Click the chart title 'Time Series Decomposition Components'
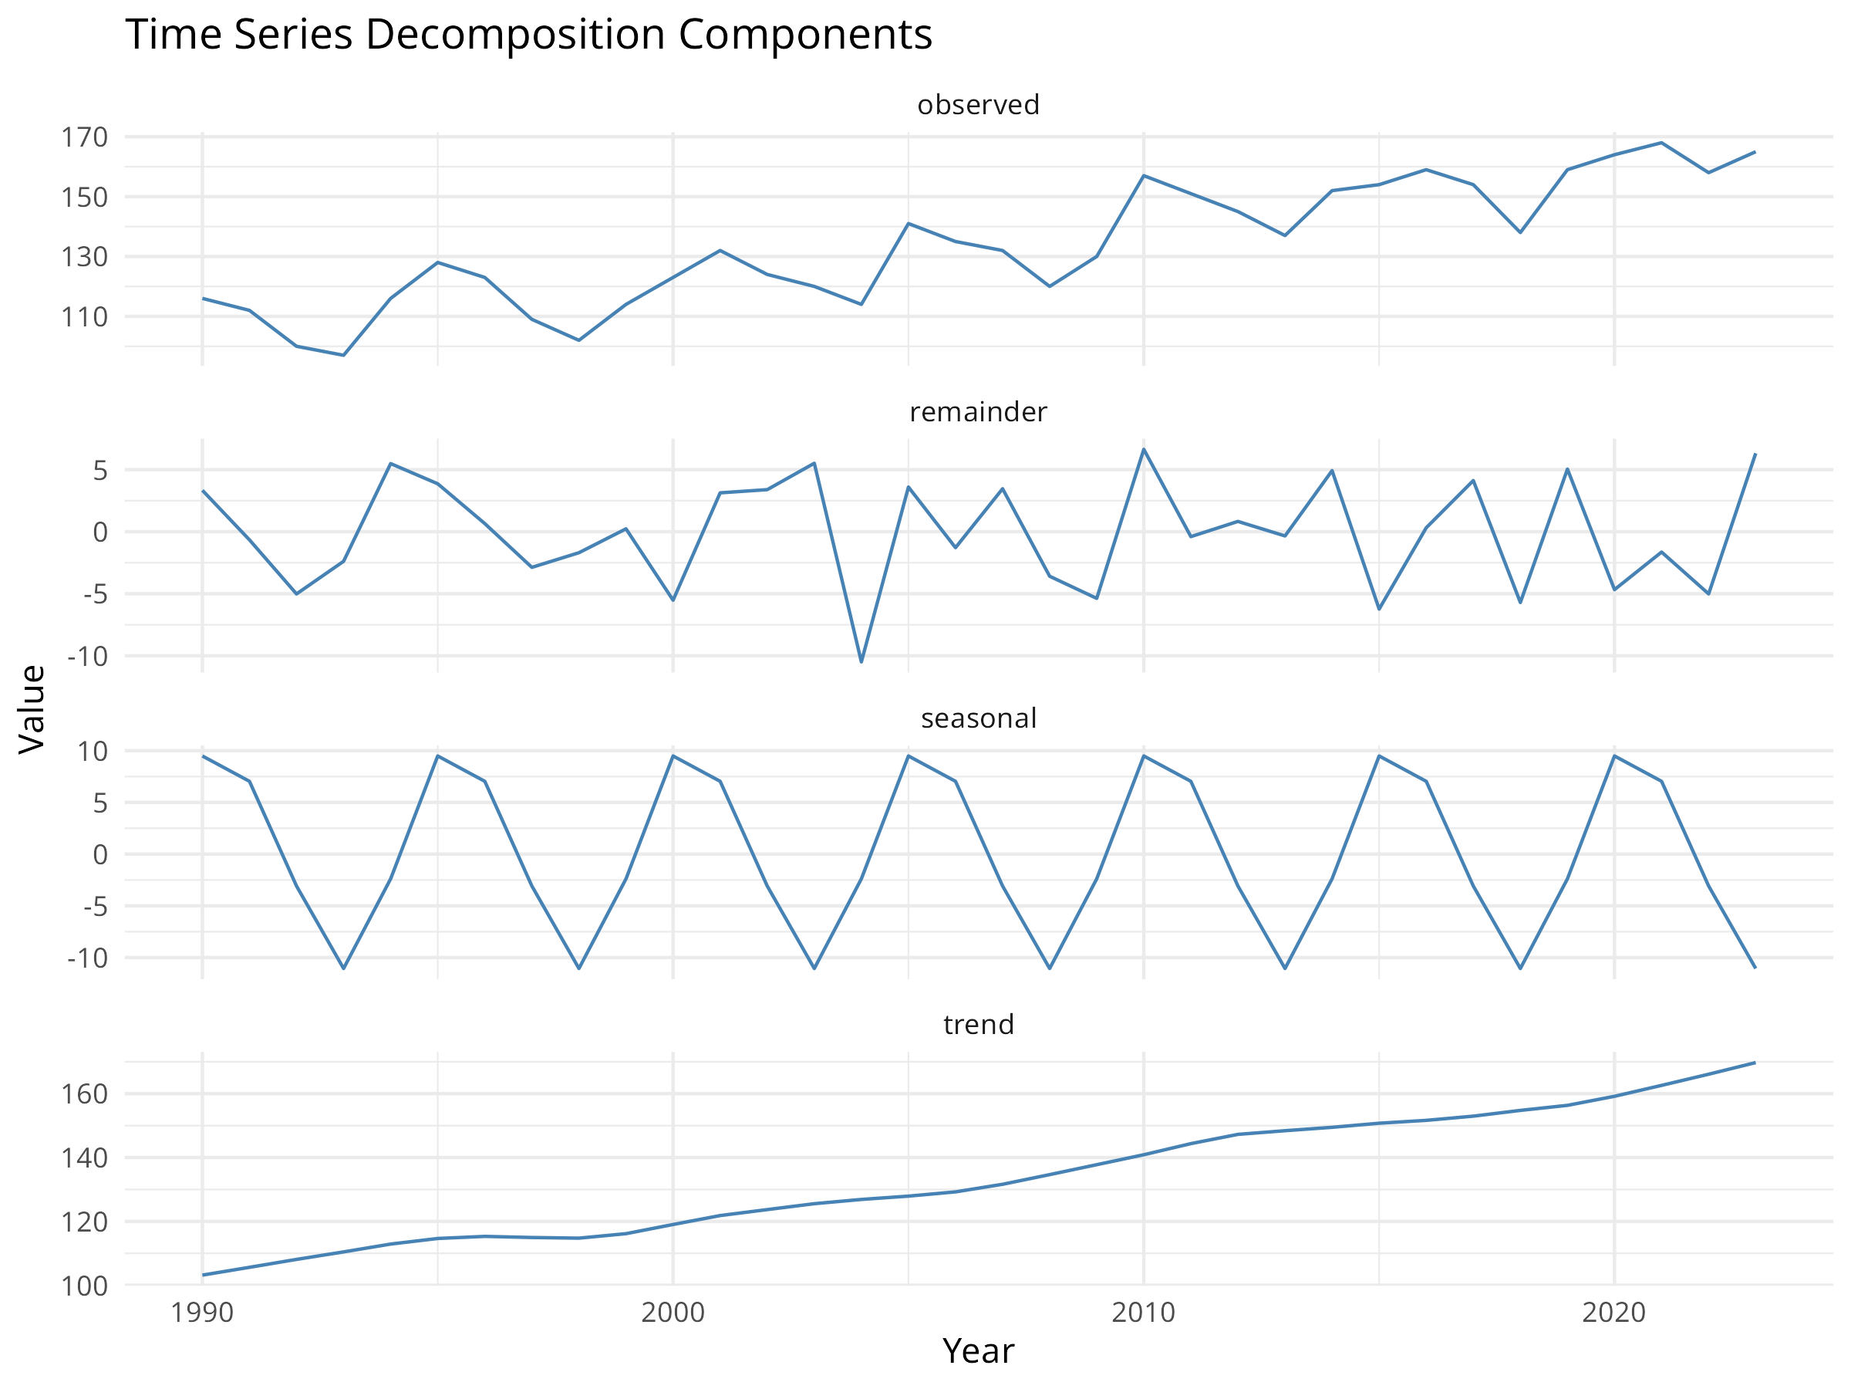(x=528, y=35)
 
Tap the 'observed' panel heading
(x=978, y=105)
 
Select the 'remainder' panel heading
(x=978, y=412)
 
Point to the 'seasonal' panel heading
(x=978, y=718)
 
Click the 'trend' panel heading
(x=978, y=1025)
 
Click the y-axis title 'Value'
(x=32, y=709)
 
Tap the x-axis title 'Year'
(x=978, y=1351)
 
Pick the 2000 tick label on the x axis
(x=673, y=1312)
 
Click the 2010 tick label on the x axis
(x=1143, y=1312)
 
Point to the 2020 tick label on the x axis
(x=1613, y=1312)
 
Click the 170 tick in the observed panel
(x=85, y=137)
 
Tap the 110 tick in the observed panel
(x=85, y=317)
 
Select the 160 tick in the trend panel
(x=85, y=1094)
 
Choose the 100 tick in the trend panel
(x=85, y=1286)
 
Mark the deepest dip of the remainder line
(x=861, y=662)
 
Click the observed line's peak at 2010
(x=1143, y=176)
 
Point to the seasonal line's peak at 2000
(x=673, y=756)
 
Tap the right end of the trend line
(x=1755, y=1063)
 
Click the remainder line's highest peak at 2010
(x=1143, y=450)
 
